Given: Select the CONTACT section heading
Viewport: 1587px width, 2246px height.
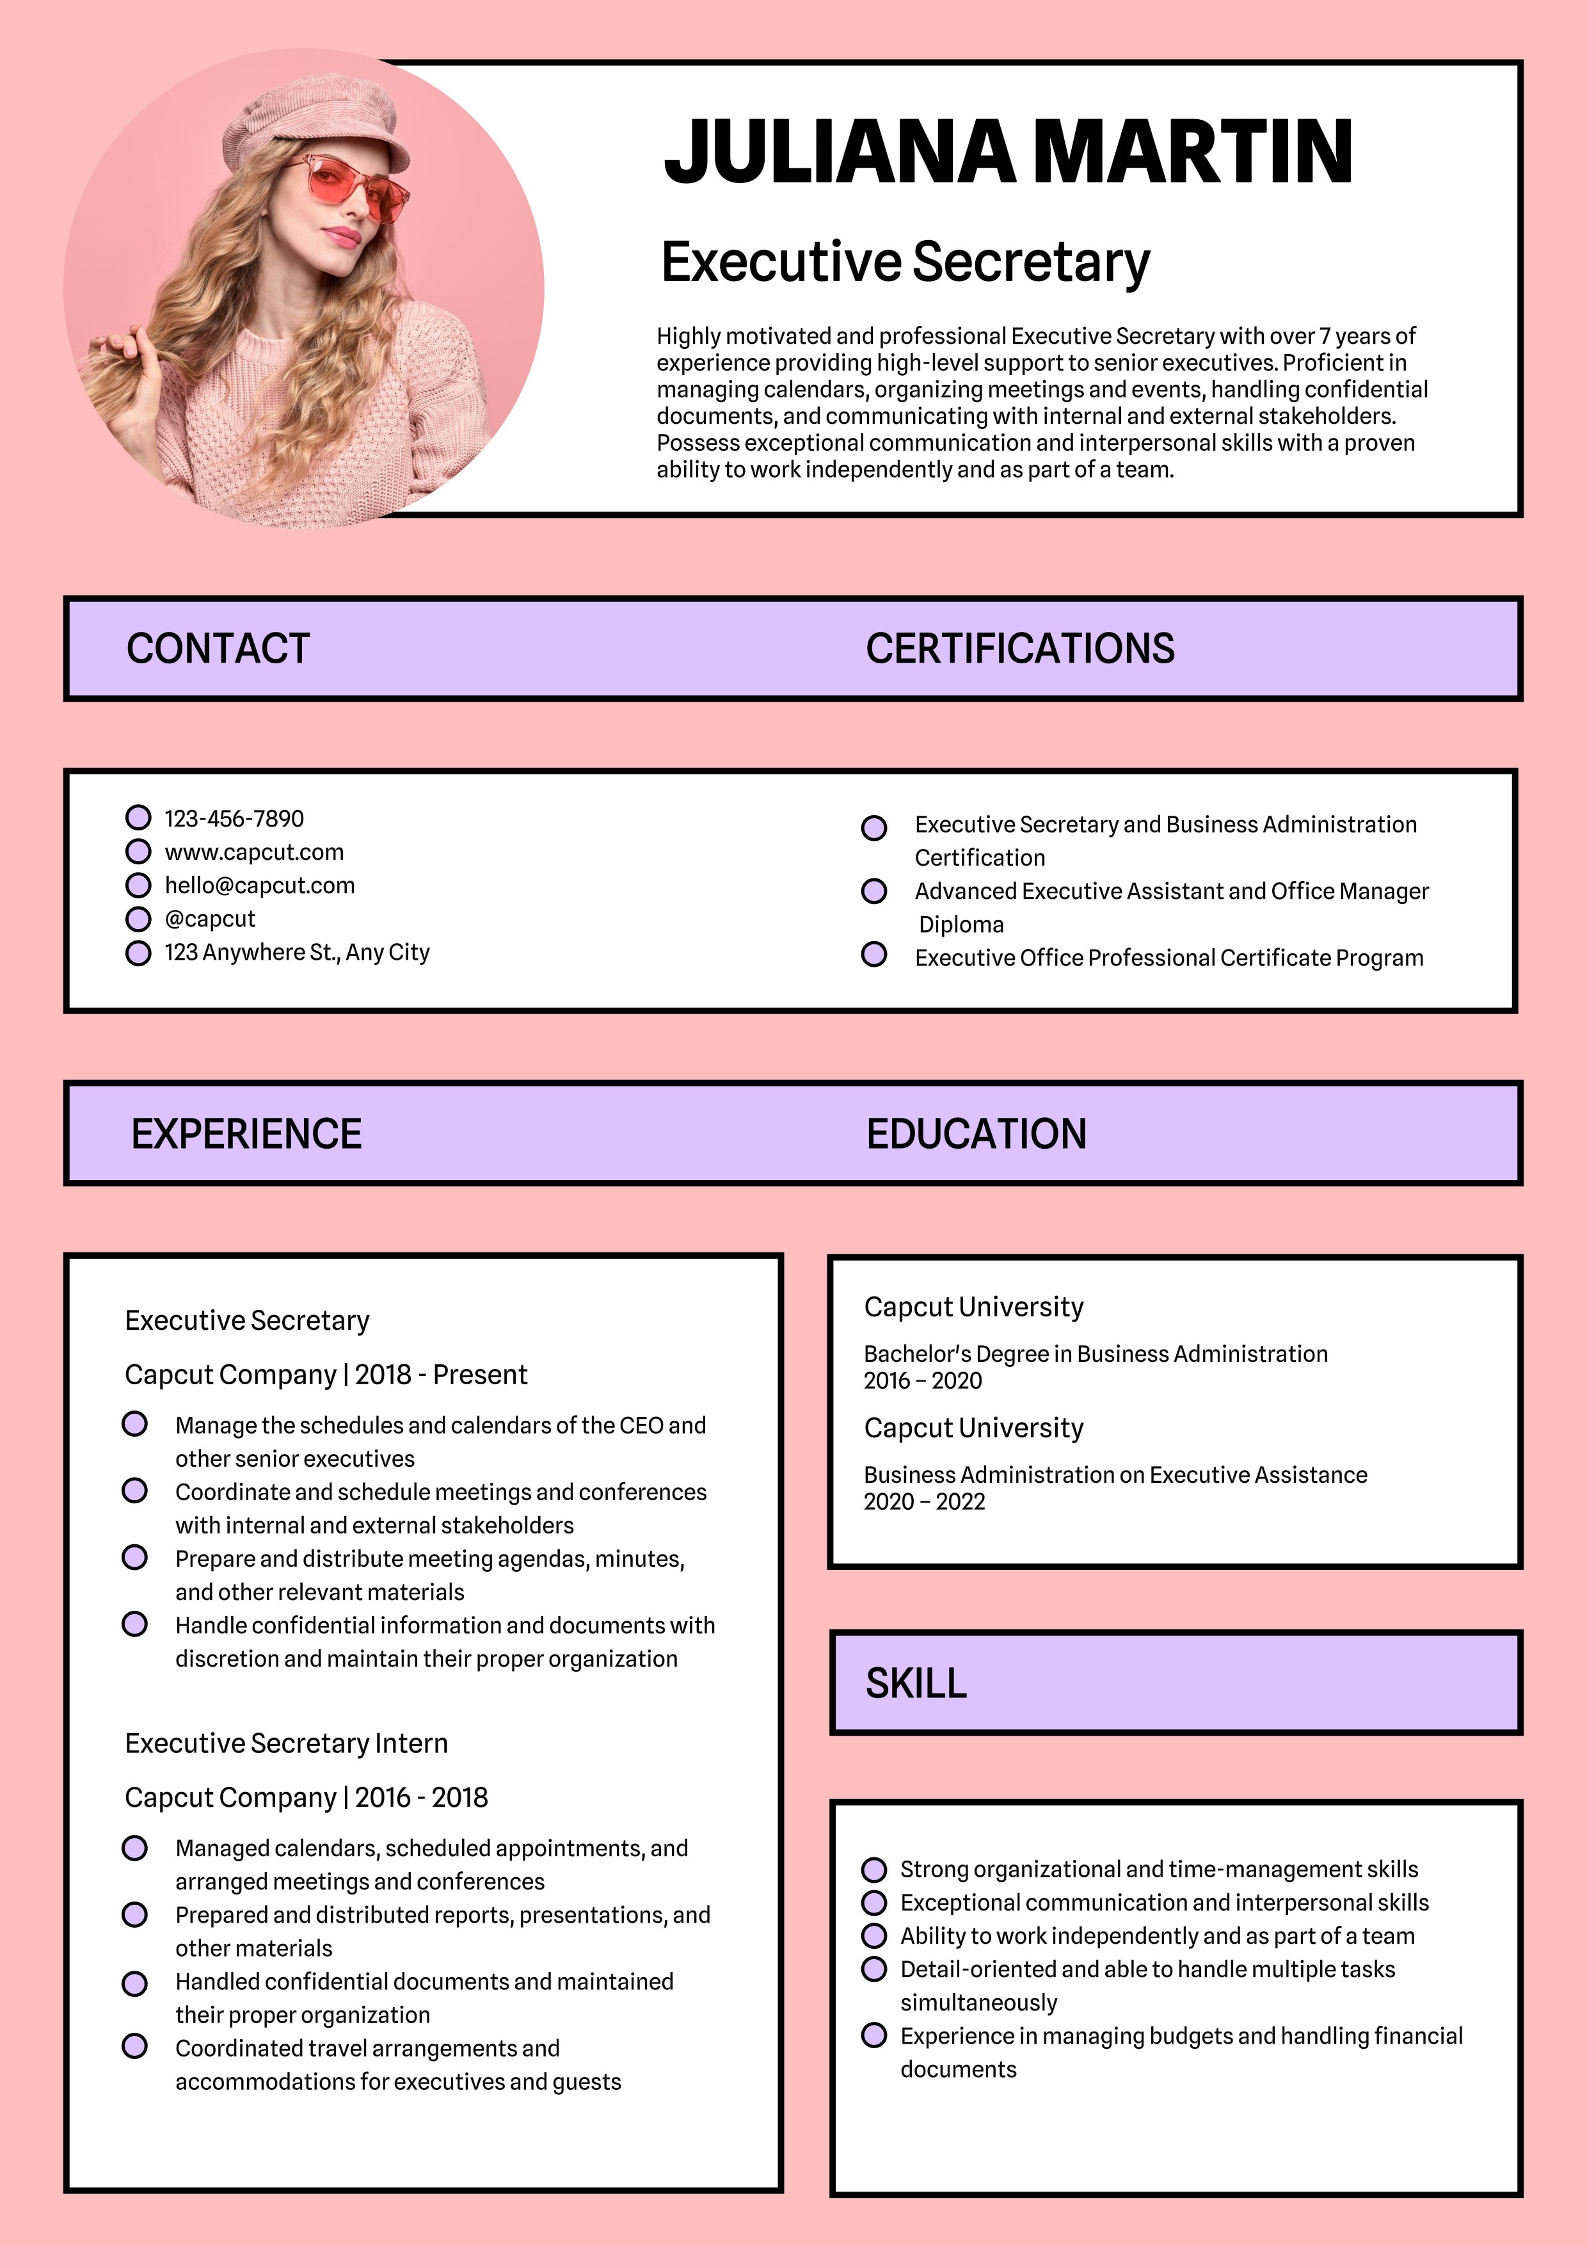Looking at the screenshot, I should (218, 649).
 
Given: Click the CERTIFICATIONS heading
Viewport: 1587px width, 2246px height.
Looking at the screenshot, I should (1020, 649).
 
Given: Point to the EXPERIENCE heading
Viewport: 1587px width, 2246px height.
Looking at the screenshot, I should (246, 1134).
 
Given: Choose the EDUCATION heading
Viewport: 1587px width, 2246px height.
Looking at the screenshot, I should (976, 1134).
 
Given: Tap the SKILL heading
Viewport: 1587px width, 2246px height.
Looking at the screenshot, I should (915, 1683).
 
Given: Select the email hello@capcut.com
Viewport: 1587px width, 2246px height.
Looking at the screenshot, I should (259, 885).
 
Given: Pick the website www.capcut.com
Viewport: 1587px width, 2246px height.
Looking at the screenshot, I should (254, 852).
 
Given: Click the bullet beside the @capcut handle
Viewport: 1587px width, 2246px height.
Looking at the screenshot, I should (139, 919).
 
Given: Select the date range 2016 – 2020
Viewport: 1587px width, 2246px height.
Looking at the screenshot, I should (922, 1380).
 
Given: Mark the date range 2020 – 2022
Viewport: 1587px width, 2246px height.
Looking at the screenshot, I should (924, 1501).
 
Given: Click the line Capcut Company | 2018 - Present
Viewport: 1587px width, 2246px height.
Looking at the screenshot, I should (326, 1375).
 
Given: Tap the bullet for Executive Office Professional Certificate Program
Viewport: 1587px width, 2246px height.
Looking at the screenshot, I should (874, 954).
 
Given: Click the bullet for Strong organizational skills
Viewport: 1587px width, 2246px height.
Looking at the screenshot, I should (874, 1870).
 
